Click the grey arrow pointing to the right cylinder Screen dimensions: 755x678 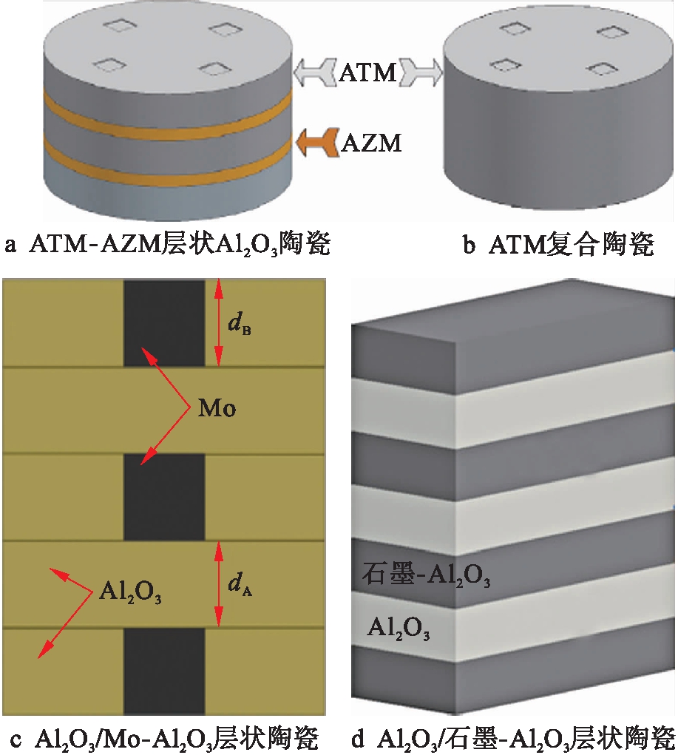tap(421, 72)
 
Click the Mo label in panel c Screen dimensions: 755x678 tap(217, 409)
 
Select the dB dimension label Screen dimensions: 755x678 tap(240, 323)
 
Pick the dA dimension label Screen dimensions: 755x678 tap(240, 585)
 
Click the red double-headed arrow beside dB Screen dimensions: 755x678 tap(217, 323)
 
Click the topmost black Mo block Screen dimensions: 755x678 tap(163, 323)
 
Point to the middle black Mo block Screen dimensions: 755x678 tap(163, 497)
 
